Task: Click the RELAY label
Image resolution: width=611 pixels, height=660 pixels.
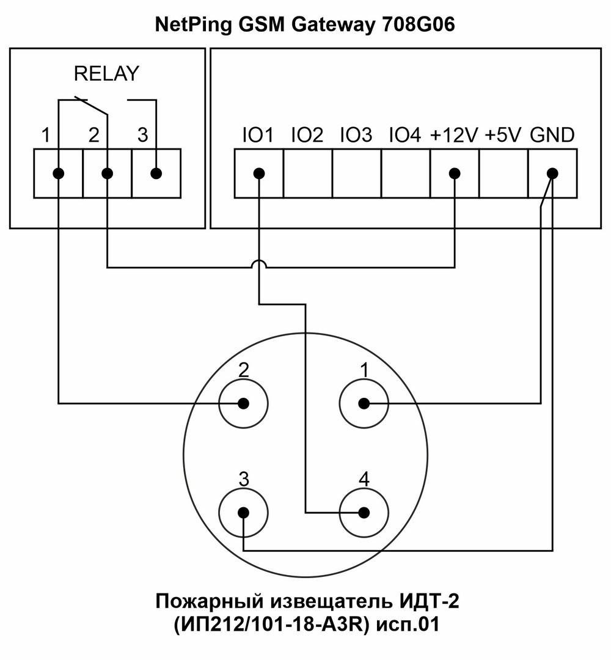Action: (106, 74)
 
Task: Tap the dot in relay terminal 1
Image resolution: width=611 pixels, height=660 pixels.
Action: (58, 174)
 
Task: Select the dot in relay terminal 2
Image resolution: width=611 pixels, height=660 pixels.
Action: (107, 174)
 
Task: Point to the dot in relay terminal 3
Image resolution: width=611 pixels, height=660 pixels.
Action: (156, 174)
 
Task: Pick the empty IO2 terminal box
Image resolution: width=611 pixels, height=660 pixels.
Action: (307, 174)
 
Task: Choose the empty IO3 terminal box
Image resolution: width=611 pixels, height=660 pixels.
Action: (356, 174)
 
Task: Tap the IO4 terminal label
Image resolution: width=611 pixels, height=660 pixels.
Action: (404, 135)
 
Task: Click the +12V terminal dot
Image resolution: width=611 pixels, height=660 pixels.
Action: (454, 174)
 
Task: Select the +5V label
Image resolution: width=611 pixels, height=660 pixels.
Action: (503, 135)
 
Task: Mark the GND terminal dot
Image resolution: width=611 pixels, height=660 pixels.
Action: (552, 174)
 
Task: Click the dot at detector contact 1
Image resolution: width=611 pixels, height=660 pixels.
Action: (364, 403)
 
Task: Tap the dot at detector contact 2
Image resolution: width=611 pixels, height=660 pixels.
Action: (243, 403)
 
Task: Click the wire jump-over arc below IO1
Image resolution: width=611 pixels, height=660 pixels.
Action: (259, 263)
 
